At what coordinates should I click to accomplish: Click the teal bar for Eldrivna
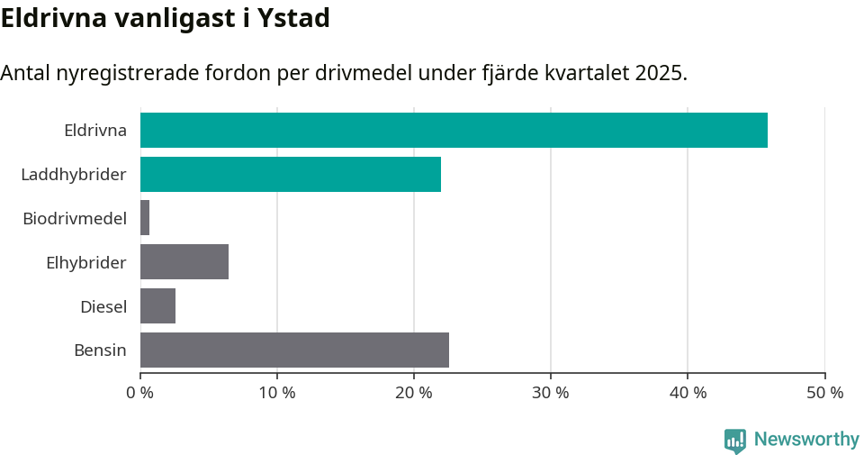454,130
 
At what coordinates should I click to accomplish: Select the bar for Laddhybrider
291,174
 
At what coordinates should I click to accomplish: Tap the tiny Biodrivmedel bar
145,218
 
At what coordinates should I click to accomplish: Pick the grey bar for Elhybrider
184,262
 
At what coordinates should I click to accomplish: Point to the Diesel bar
157,306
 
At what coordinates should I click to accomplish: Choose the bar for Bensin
294,350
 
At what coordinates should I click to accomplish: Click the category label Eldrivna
95,131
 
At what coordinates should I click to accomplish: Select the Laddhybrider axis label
74,174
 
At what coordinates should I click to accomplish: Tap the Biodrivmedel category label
75,218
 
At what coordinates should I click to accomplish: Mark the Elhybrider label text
86,262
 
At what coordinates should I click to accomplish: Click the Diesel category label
103,306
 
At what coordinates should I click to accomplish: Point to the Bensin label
100,350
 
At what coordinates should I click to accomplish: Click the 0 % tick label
140,393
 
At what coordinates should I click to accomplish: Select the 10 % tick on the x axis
277,393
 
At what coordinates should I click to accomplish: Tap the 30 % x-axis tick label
551,393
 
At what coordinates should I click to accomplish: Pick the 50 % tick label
824,393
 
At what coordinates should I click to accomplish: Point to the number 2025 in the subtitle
659,73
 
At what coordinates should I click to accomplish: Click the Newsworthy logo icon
735,440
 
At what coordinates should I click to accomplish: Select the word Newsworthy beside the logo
806,440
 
